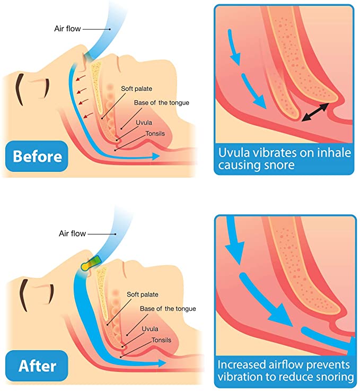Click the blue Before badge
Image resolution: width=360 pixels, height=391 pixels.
tap(37, 157)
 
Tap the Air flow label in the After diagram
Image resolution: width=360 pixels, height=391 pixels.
tap(71, 233)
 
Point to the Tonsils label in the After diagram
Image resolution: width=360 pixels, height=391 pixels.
tap(162, 340)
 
